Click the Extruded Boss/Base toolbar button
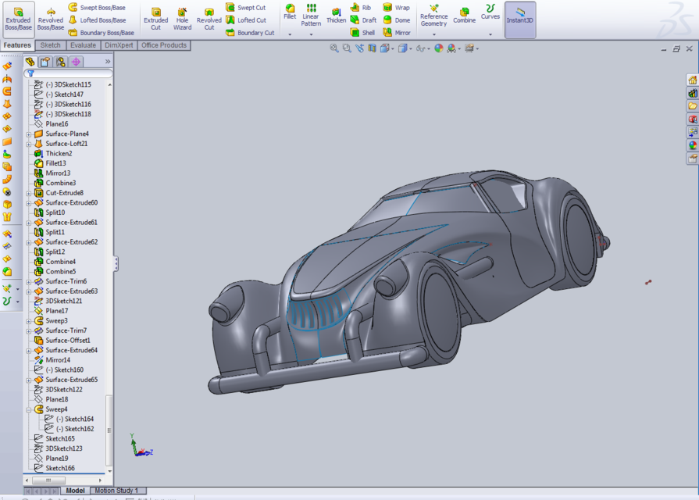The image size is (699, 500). coord(19,19)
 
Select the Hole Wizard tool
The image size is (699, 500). coord(182,19)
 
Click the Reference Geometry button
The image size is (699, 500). coord(433,19)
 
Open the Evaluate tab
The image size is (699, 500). coord(83,45)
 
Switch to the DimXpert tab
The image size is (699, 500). coord(119,45)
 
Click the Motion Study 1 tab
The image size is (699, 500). coord(116,491)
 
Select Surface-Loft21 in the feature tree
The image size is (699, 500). coord(66,144)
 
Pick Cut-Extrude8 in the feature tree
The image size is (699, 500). coord(64,193)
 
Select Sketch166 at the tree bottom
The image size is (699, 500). coord(60,468)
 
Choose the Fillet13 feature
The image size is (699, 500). coord(55,163)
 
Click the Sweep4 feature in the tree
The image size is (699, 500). coord(56,409)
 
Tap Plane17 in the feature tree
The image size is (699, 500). coord(56,311)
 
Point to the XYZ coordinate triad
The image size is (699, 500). coord(139,446)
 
